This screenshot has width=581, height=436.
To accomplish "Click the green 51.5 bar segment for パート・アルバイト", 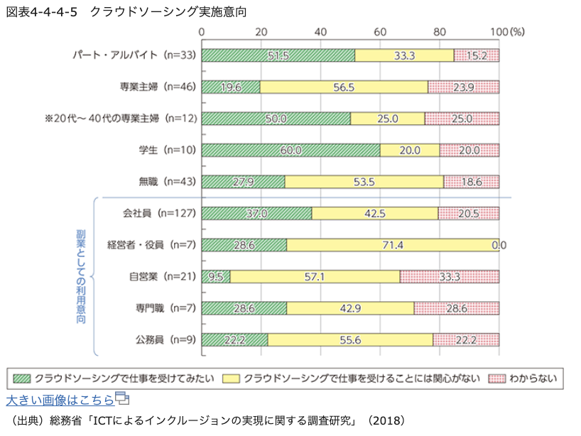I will click(278, 55).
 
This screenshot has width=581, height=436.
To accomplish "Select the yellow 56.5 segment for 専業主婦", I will click(344, 87).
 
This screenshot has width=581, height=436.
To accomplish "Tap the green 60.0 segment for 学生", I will click(290, 150).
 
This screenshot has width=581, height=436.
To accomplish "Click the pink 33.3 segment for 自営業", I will click(450, 276).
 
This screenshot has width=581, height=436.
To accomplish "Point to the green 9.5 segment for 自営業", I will click(216, 276).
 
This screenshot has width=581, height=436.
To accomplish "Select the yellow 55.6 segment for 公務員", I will click(350, 339).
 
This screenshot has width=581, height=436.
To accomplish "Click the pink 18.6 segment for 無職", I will click(471, 181).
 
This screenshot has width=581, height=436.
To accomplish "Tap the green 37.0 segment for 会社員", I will click(256, 213).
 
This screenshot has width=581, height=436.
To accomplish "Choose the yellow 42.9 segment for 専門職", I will click(350, 307).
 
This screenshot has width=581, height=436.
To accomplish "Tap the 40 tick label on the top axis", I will click(320, 32).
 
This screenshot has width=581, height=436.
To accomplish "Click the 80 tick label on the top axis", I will click(440, 32).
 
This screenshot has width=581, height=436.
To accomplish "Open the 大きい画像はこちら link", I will click(60, 398).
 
